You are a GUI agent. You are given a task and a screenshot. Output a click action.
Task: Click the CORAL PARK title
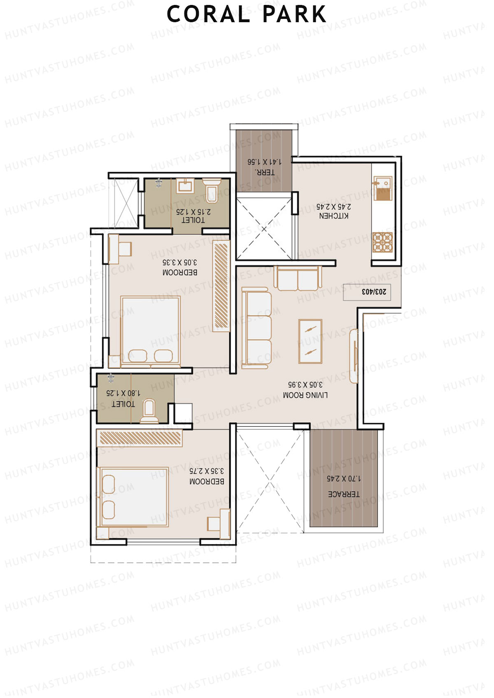point(247,15)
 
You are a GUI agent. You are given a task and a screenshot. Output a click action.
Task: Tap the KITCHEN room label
point(334,216)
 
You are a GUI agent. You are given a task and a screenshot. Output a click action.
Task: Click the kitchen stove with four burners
point(382,242)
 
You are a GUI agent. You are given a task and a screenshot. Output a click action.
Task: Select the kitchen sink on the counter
point(382,189)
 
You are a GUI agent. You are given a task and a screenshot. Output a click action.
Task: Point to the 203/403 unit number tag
point(373,292)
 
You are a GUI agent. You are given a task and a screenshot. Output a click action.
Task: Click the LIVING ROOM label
point(305,395)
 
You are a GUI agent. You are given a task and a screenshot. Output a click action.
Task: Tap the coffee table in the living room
point(310,341)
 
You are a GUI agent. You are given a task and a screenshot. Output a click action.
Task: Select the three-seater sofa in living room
point(256,328)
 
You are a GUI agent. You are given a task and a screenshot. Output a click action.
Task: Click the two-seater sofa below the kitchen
point(297,278)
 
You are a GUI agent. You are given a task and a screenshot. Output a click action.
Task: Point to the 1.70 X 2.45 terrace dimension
point(344,479)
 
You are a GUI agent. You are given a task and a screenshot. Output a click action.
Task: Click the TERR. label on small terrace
point(264,172)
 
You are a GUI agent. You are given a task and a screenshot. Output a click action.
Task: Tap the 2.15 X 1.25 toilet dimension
point(193,212)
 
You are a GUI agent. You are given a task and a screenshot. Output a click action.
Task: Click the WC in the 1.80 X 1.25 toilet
point(149,411)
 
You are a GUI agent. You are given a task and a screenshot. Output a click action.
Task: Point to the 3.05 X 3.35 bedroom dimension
point(180,262)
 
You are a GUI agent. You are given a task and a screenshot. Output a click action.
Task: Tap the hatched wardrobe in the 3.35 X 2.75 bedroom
point(140,438)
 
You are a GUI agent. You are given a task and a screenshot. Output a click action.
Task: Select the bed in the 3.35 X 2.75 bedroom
point(133,497)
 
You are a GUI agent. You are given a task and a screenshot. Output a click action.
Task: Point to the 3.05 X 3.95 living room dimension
point(305,385)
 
